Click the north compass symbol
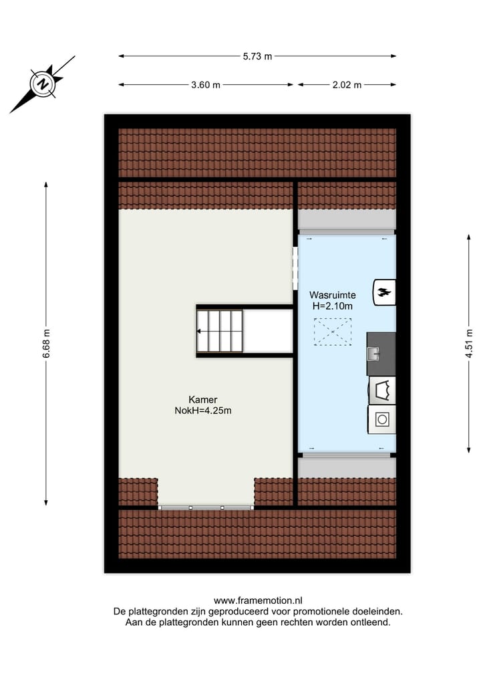[43, 84]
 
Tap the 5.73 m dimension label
[257, 56]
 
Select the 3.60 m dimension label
[206, 85]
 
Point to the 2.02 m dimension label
[347, 85]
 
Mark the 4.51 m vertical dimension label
[469, 342]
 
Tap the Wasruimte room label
[332, 295]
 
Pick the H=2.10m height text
[332, 306]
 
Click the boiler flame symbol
[384, 292]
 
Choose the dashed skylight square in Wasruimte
[333, 332]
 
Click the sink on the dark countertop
[373, 353]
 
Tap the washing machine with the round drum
[382, 419]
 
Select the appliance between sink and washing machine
[382, 390]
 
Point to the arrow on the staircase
[200, 330]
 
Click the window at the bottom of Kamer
[206, 507]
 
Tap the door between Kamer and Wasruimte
[295, 269]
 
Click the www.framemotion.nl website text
[258, 600]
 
